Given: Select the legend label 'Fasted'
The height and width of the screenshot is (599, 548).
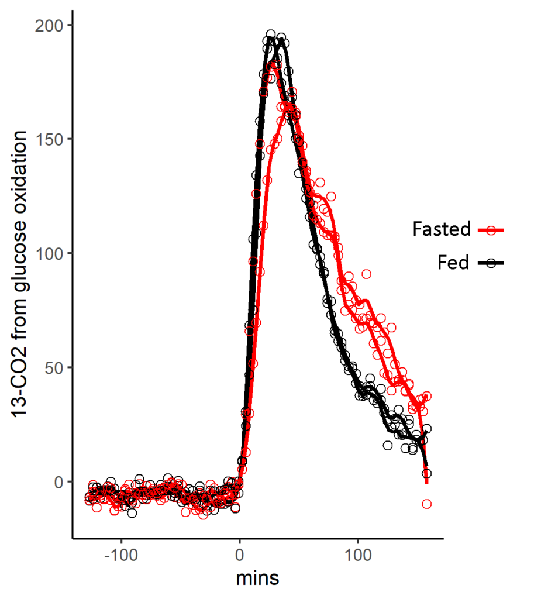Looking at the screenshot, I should tap(442, 229).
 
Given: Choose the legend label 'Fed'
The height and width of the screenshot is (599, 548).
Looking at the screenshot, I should tap(453, 263).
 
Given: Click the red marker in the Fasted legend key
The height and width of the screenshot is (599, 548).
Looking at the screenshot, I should tap(491, 230).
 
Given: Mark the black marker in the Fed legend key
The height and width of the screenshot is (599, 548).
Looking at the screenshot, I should tap(491, 263).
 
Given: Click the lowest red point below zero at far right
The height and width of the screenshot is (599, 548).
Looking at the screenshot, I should tap(427, 504).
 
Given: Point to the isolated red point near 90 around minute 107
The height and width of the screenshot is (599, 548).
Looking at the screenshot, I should tap(367, 274).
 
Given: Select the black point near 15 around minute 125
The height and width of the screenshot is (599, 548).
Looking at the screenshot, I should tap(388, 446).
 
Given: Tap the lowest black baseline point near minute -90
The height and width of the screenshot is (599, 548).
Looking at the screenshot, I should tap(132, 513).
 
